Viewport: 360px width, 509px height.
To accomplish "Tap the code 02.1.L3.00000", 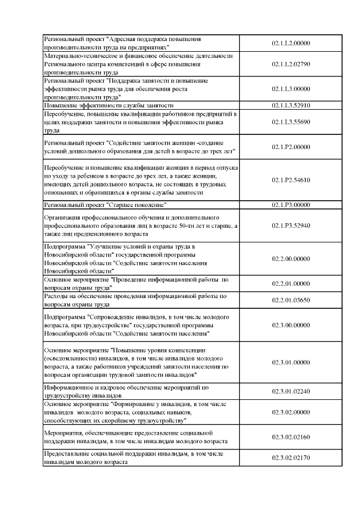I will click(291, 89).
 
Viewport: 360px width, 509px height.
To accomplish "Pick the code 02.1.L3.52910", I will click(291, 105).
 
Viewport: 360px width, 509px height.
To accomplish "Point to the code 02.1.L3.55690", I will click(291, 121).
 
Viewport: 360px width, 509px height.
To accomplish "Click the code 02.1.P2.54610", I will click(291, 180).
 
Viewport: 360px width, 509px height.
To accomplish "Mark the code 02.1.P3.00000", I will click(291, 205).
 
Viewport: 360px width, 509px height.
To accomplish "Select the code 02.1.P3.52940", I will click(291, 226).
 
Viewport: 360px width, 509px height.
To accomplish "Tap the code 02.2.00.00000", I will click(291, 258).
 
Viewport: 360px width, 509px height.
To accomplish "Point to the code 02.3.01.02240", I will click(291, 391).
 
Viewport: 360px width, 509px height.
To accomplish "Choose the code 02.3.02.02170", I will click(291, 458).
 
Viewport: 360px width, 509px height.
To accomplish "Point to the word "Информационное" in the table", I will click(66, 388).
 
